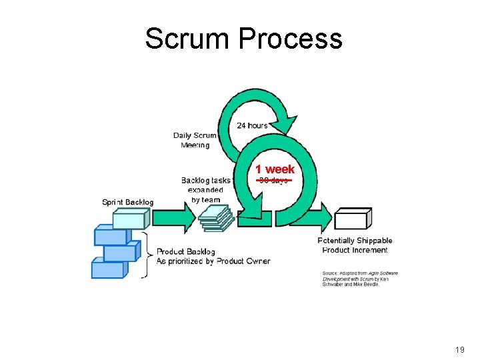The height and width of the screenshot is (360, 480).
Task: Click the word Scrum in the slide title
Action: (188, 39)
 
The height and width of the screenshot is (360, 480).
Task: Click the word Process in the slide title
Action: (289, 39)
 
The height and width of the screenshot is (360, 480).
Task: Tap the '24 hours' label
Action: (252, 125)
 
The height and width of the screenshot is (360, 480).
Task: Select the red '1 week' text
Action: (275, 169)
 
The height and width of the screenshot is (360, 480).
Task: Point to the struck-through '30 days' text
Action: (274, 181)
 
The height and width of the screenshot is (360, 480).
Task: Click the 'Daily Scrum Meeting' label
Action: (195, 140)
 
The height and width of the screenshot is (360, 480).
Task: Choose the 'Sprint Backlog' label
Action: (127, 202)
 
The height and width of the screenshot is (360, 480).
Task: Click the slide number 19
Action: (459, 349)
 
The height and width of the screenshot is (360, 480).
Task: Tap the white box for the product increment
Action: (352, 218)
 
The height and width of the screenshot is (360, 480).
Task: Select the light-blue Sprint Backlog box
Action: (130, 219)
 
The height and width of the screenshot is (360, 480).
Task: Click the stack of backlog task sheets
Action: (217, 218)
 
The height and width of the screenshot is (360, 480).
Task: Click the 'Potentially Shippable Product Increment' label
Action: (355, 245)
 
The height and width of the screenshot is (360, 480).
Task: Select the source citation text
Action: (360, 278)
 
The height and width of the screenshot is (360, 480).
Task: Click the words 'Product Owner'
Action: (243, 261)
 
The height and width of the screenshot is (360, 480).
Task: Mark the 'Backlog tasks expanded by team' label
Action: (205, 190)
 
